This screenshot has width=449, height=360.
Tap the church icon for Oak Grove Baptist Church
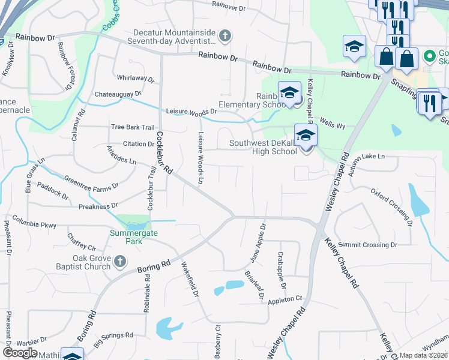[119, 262]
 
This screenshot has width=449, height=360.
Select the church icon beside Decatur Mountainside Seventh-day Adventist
[225, 37]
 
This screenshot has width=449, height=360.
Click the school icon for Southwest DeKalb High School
[306, 135]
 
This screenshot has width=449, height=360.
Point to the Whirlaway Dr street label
[136, 79]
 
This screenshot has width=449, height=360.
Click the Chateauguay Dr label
[118, 94]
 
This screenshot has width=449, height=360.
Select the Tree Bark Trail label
[133, 127]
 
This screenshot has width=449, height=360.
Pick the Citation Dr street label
[139, 144]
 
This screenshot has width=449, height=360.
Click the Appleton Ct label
[285, 299]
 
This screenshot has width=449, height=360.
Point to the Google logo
[20, 353]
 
